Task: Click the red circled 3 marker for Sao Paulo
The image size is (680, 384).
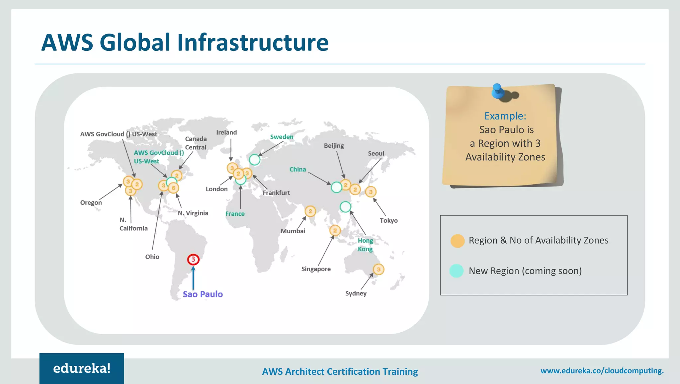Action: (193, 259)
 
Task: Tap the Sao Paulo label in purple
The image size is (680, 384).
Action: (203, 294)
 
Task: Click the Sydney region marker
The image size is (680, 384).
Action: (379, 269)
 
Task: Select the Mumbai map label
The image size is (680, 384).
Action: (293, 231)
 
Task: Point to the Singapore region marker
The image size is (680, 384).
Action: (335, 230)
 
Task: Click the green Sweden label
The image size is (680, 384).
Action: (282, 137)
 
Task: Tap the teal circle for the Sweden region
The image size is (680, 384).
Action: (255, 160)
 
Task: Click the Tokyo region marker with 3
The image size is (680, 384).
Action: (371, 192)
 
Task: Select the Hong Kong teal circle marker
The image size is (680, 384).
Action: (345, 207)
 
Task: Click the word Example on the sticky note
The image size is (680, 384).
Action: (505, 116)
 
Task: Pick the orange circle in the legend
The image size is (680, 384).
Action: (457, 241)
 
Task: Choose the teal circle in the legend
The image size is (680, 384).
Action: (456, 271)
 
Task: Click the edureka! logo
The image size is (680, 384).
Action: (82, 368)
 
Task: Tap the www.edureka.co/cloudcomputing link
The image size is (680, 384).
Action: (602, 371)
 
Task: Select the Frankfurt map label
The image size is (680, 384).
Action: (276, 192)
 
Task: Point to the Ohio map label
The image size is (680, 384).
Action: (152, 257)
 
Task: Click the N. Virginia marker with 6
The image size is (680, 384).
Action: (173, 188)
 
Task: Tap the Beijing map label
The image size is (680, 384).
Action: (334, 146)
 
